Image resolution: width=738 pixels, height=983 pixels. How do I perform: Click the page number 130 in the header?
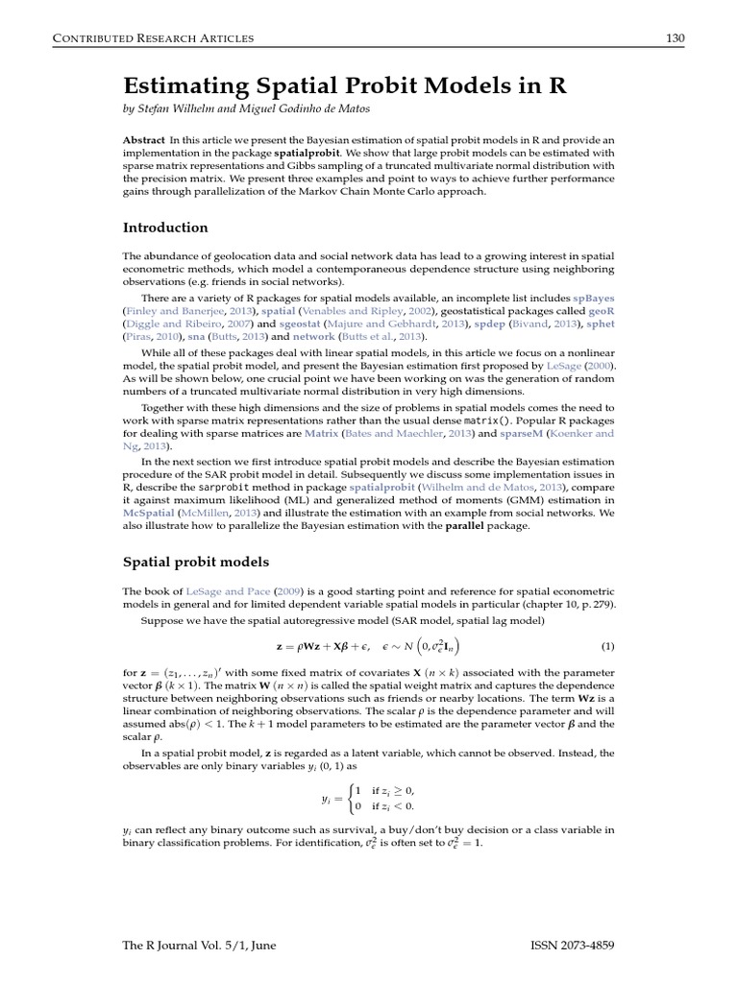pos(675,38)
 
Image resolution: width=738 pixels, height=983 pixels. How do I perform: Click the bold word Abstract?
pos(143,139)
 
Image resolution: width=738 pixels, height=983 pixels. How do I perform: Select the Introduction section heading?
pos(165,228)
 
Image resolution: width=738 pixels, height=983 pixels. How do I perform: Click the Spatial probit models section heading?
pos(196,562)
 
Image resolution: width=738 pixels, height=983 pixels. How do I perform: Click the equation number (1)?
pos(606,645)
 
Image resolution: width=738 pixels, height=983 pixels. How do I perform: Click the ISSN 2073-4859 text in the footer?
pos(572,946)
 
